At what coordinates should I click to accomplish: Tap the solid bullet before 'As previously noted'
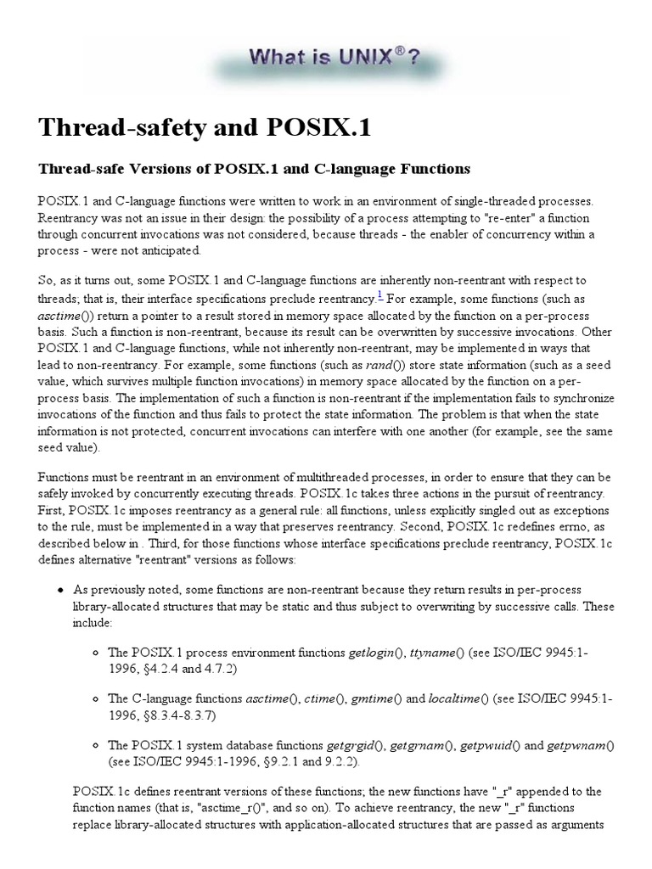pyautogui.click(x=59, y=589)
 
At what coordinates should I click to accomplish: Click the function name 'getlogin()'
pyautogui.click(x=375, y=653)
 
